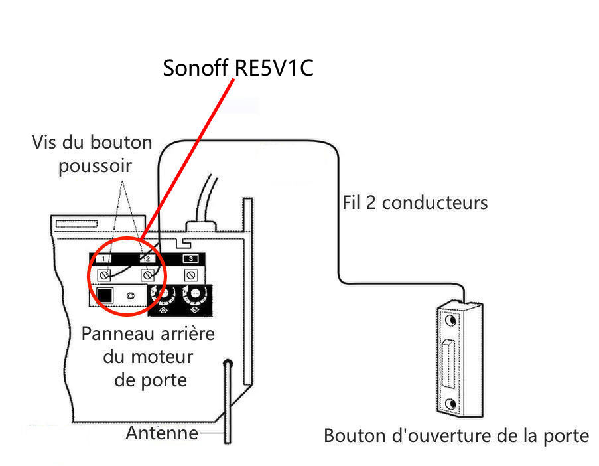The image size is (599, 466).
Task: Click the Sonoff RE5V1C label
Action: coord(237,68)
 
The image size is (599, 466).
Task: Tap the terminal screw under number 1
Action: coord(103,274)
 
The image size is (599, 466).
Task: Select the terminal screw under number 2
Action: coord(147,274)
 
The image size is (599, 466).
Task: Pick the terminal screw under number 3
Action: coord(191,274)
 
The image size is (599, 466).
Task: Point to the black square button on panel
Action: coord(104,295)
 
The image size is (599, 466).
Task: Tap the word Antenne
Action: coord(162,433)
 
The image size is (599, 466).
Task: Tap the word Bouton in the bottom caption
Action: coord(350,436)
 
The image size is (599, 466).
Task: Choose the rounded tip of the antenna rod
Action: coord(228,364)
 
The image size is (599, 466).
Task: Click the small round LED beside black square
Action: coord(130,295)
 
